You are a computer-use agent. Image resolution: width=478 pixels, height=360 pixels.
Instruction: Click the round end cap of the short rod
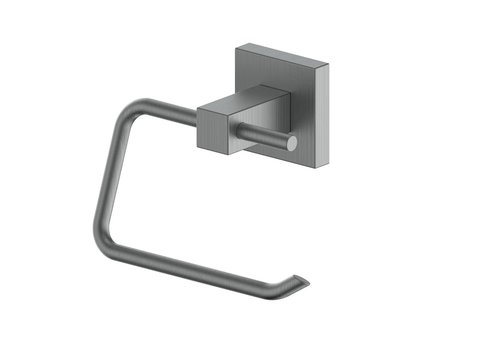pos(291,143)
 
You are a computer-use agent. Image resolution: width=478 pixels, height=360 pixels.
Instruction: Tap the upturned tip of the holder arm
pos(303,281)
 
